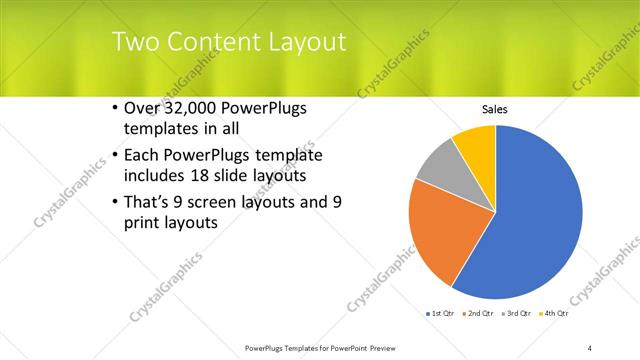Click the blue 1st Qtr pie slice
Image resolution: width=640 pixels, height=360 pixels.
click(540, 220)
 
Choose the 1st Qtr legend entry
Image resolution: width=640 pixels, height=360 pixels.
click(441, 314)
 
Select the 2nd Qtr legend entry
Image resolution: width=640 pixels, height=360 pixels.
click(479, 314)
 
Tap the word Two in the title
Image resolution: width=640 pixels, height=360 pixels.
click(134, 42)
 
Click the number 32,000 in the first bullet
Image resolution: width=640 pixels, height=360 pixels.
click(196, 109)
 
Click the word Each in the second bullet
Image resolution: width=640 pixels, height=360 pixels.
click(144, 155)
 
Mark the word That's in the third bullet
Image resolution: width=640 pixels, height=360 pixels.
click(149, 203)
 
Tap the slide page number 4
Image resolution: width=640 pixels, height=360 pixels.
click(590, 347)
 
